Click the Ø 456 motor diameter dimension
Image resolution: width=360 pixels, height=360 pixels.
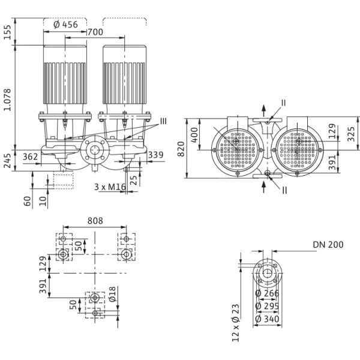tap(65, 25)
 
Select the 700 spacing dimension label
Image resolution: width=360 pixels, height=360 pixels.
tap(95, 32)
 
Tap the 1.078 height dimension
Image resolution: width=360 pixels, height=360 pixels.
tap(7, 100)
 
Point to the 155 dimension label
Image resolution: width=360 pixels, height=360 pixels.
tap(7, 32)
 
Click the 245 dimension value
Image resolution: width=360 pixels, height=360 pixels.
tap(7, 161)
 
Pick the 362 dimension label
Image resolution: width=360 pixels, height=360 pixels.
tap(31, 157)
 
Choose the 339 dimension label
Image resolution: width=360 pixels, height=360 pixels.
tap(155, 155)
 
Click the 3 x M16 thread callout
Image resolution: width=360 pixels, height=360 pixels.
tap(110, 187)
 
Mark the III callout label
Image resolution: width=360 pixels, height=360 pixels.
tap(163, 121)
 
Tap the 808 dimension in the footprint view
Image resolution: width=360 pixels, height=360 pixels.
tap(95, 221)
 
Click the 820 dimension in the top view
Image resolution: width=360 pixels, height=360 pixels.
tap(181, 149)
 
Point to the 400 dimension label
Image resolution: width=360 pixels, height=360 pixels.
tap(194, 135)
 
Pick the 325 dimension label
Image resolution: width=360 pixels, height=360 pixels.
tap(351, 134)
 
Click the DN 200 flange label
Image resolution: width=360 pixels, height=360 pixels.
tap(328, 245)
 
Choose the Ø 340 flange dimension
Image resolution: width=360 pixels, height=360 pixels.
tap(267, 319)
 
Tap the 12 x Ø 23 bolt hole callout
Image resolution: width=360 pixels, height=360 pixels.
tap(236, 323)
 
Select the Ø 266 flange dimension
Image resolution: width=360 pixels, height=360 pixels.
tap(267, 293)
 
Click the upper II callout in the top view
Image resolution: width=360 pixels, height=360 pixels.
tap(284, 103)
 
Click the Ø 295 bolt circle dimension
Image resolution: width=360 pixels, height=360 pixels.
tap(267, 306)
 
